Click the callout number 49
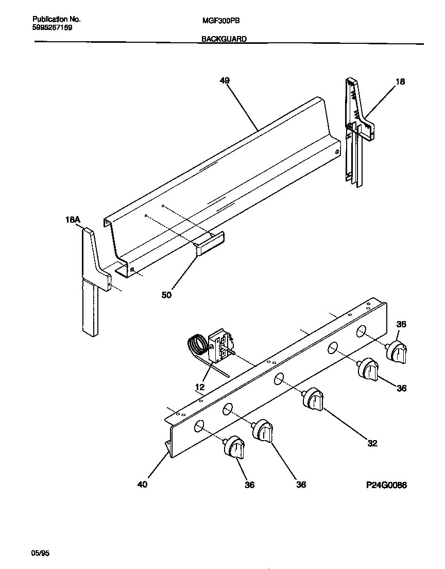pyautogui.click(x=224, y=80)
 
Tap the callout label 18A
pyautogui.click(x=73, y=220)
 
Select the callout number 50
pyautogui.click(x=166, y=295)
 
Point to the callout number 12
pyautogui.click(x=200, y=387)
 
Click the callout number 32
pyautogui.click(x=372, y=443)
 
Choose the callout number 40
pyautogui.click(x=143, y=484)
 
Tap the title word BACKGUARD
pyautogui.click(x=224, y=39)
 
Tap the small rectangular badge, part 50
pyautogui.click(x=209, y=243)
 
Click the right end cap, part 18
pyautogui.click(x=358, y=129)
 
